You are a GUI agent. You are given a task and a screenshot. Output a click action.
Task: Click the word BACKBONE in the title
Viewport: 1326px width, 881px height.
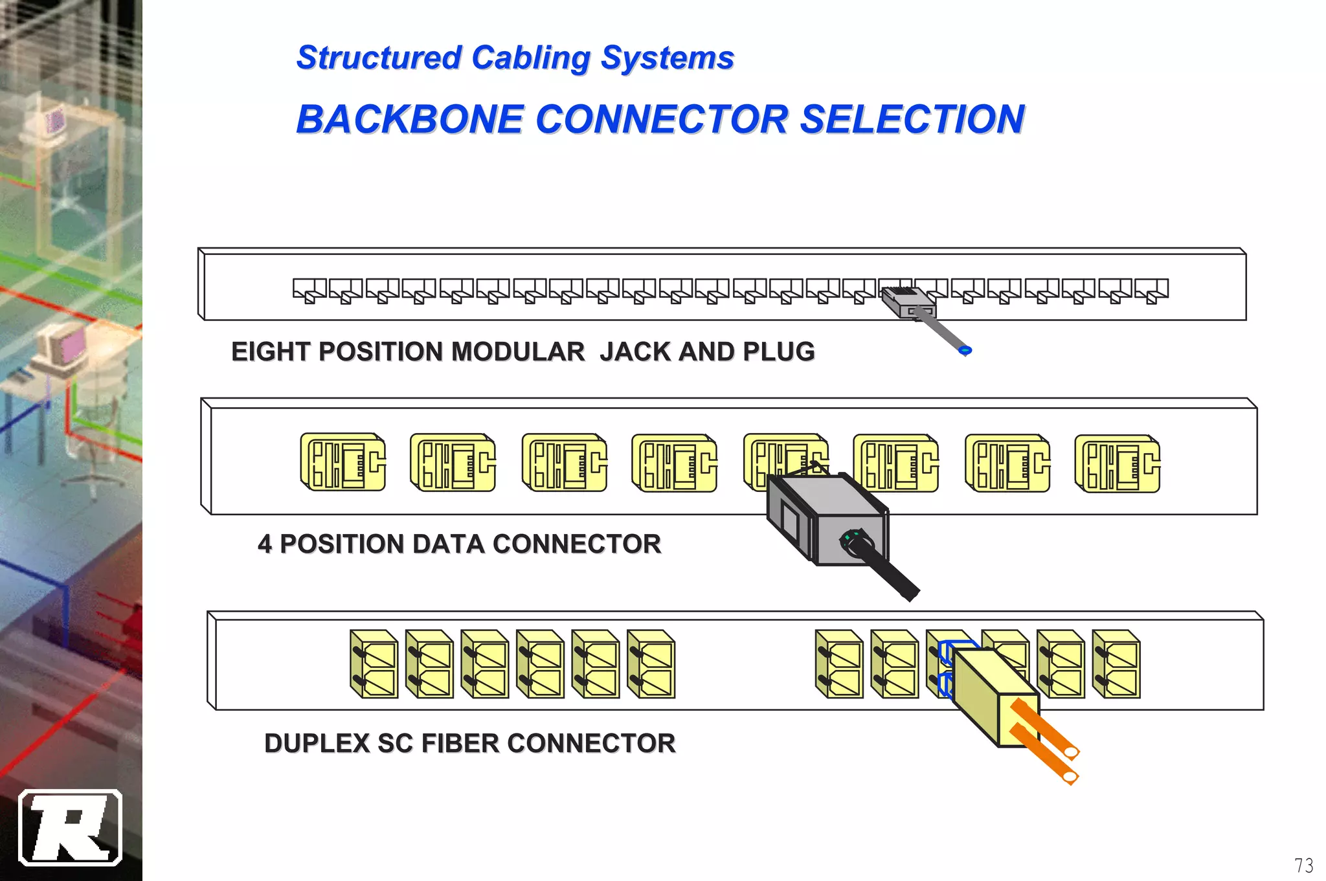409,120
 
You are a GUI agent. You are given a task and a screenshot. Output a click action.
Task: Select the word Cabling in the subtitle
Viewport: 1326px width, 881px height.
530,58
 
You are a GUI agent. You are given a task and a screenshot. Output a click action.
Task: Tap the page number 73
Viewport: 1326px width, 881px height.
1303,865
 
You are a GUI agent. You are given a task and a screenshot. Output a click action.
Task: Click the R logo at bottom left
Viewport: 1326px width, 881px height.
70,827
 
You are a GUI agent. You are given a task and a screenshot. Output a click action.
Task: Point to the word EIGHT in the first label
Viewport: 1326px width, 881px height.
271,352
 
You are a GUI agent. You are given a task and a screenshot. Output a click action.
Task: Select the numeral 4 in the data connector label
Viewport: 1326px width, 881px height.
264,544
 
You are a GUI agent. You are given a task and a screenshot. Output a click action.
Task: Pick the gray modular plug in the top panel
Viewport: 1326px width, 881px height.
908,302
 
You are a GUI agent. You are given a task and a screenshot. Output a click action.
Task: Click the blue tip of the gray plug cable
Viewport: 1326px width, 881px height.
965,351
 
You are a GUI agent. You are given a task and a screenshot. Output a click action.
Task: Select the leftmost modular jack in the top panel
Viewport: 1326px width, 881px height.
309,291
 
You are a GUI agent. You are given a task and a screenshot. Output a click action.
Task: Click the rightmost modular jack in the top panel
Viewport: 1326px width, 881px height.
1152,291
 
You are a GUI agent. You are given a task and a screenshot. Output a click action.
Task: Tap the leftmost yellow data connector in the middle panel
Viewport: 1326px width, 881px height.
343,462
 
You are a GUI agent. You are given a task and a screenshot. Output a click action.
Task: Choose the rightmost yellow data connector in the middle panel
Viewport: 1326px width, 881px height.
1117,463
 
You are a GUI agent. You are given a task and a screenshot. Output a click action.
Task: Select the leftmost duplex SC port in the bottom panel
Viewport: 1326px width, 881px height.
374,664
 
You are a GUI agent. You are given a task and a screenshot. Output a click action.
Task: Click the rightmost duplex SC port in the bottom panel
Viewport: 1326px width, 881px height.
1116,664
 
